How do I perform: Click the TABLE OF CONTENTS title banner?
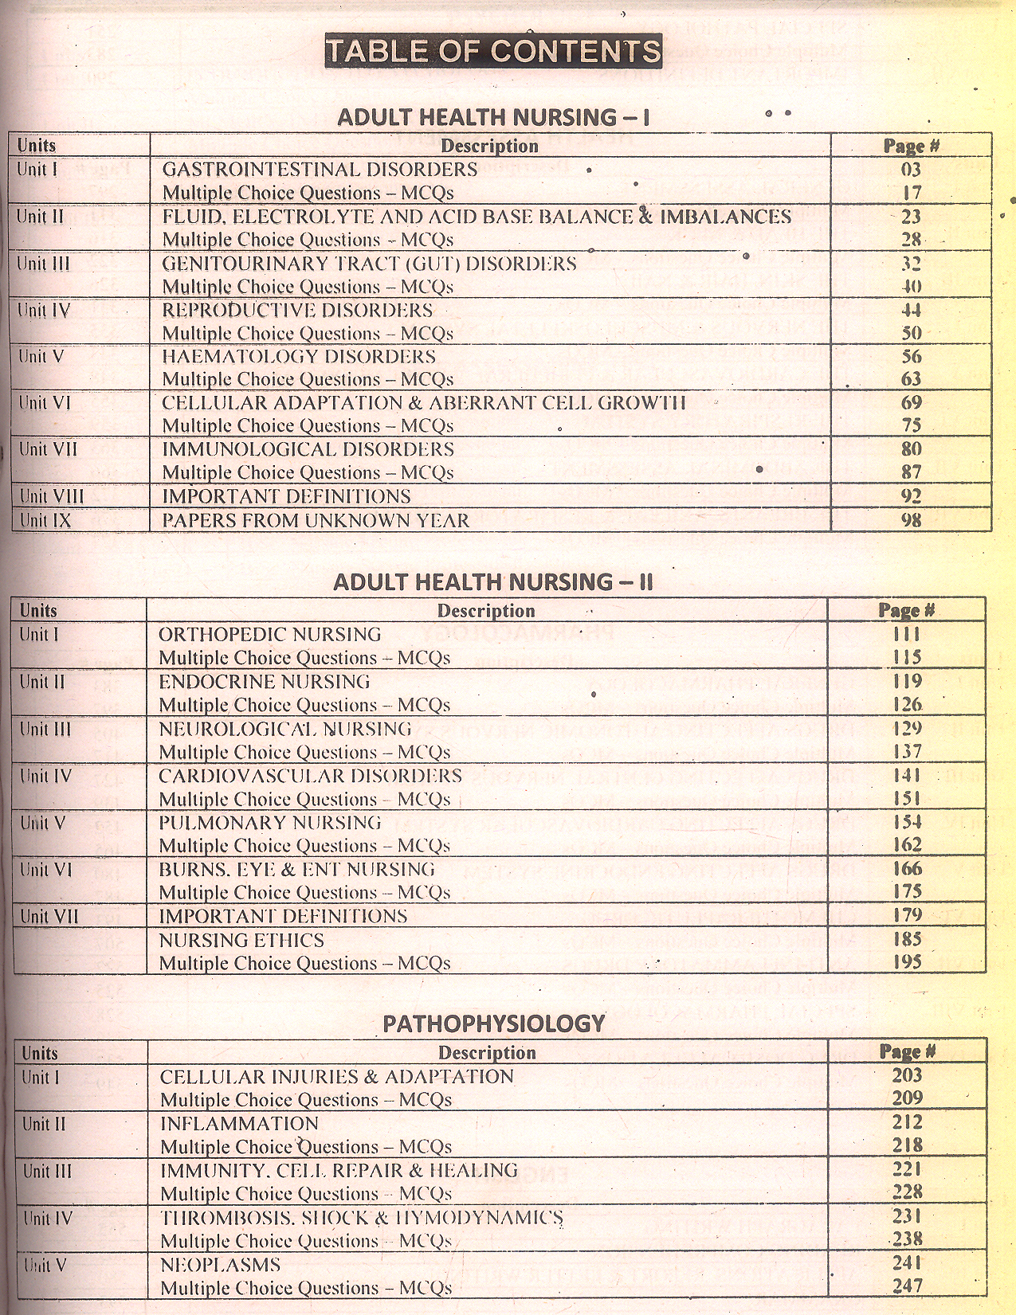[x=493, y=52]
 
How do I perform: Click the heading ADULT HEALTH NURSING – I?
[x=493, y=118]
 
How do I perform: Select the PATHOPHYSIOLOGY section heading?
[x=494, y=1023]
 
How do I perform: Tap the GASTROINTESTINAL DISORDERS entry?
[x=320, y=169]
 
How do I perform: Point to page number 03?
[x=912, y=170]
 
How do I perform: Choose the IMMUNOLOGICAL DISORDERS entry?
[x=308, y=449]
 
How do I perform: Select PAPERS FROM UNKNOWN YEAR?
[x=316, y=520]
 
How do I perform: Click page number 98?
[x=911, y=520]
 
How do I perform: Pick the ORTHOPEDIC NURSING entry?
[x=269, y=634]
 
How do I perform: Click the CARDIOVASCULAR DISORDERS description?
[x=310, y=776]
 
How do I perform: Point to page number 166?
[x=907, y=869]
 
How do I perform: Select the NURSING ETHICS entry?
[x=241, y=940]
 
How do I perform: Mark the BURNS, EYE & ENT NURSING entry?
[x=296, y=869]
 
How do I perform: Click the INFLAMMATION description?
[x=239, y=1124]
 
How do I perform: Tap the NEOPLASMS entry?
[x=221, y=1265]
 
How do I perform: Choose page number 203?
[x=907, y=1075]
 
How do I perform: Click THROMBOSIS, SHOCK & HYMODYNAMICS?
[x=362, y=1218]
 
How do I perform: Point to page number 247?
[x=907, y=1286]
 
